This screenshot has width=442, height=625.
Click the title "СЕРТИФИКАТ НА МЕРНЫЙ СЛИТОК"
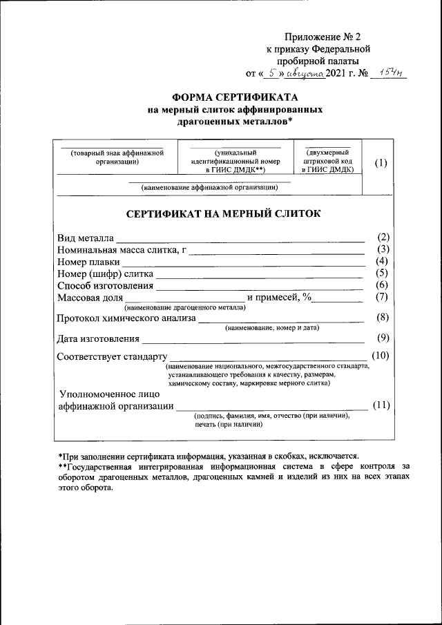222,214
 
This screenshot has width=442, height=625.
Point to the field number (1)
381,163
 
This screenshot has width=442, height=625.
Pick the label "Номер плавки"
88,262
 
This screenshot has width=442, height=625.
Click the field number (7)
381,297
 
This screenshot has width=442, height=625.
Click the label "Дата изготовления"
98,338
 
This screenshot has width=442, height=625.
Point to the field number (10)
381,356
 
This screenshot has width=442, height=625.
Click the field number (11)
381,405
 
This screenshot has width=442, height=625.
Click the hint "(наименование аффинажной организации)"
210,187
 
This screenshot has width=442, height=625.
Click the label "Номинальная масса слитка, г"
122,250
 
